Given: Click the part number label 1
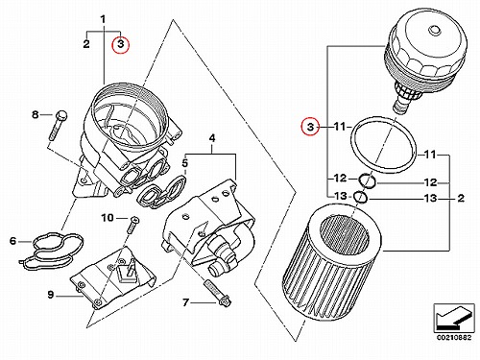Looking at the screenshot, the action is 103,19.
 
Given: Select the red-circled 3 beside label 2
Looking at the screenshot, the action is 120,44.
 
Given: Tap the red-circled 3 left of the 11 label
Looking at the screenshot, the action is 310,127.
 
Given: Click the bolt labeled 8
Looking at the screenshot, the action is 59,125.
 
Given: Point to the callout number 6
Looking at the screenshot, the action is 12,241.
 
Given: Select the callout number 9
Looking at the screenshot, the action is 51,295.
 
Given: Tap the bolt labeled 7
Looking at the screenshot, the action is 217,293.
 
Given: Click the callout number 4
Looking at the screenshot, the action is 212,138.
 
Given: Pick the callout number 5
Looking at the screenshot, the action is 185,163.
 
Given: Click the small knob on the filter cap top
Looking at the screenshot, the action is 434,30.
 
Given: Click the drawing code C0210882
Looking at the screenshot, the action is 454,338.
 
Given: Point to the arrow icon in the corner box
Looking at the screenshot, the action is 454,318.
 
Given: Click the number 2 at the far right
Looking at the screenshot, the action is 461,198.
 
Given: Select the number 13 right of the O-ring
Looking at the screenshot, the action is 430,198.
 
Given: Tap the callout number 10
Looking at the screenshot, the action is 108,218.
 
